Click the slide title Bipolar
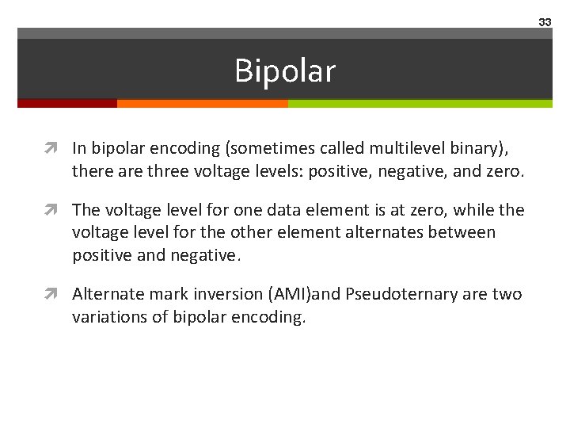point(285,71)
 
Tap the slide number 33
point(545,22)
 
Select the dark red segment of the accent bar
point(67,103)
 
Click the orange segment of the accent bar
point(202,103)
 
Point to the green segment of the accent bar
point(420,103)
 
